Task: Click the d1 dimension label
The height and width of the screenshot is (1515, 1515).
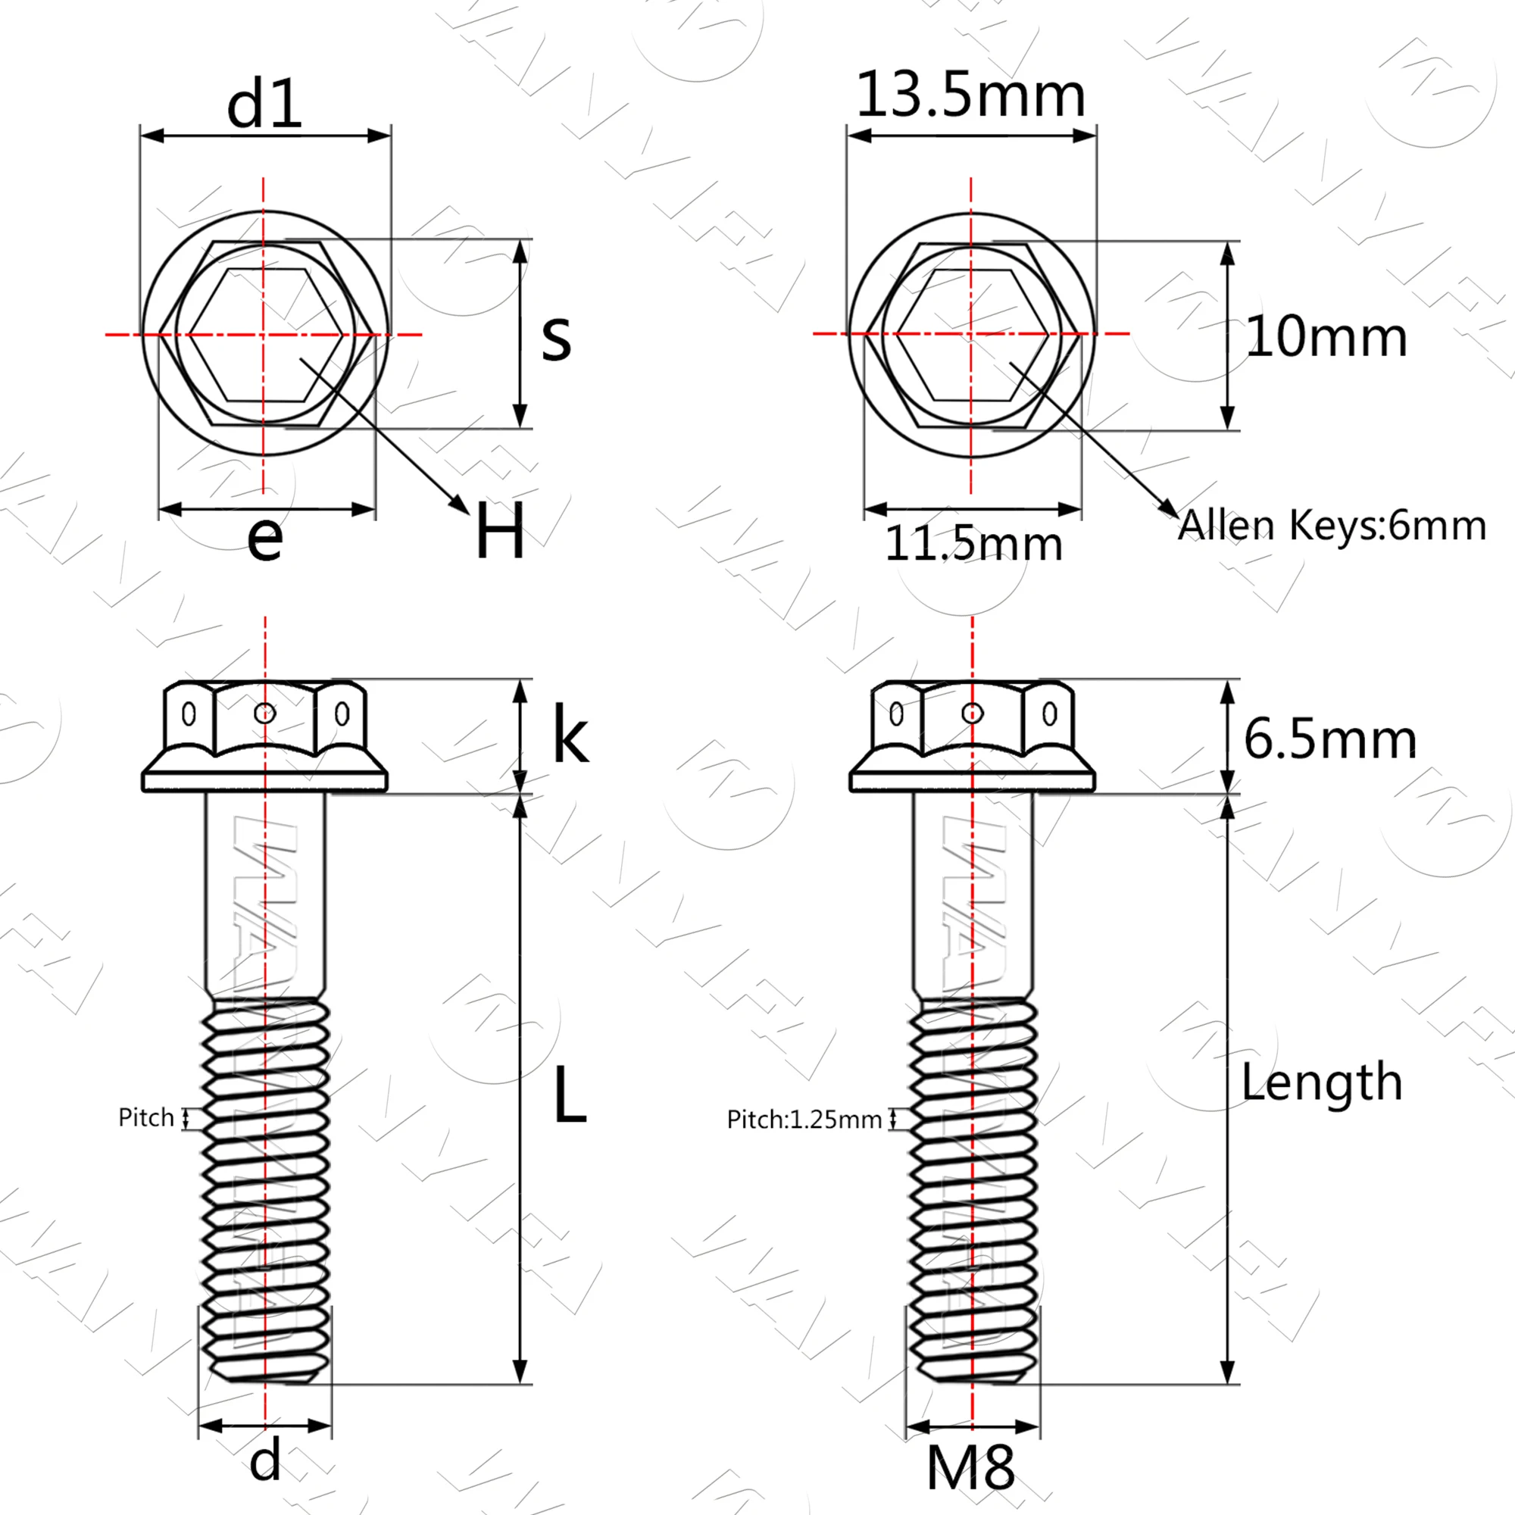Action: pyautogui.click(x=264, y=105)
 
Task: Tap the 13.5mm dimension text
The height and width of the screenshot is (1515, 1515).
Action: pyautogui.click(x=971, y=95)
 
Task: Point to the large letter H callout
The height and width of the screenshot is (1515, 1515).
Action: pyautogui.click(x=499, y=531)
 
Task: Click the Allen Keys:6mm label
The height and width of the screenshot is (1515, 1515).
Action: pyautogui.click(x=1332, y=526)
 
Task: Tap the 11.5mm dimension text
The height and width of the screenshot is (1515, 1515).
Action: pyautogui.click(x=973, y=543)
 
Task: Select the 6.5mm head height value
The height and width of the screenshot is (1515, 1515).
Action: pyautogui.click(x=1330, y=739)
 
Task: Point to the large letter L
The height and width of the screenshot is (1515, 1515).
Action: pyautogui.click(x=570, y=1096)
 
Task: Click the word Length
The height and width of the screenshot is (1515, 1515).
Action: pyautogui.click(x=1321, y=1082)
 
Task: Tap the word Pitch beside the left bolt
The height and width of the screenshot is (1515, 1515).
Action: pyautogui.click(x=146, y=1117)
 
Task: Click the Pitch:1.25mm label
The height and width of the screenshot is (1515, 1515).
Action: pyautogui.click(x=804, y=1119)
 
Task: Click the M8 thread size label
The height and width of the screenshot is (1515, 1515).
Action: pyautogui.click(x=970, y=1467)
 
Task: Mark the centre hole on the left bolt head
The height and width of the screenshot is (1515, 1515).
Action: pyautogui.click(x=265, y=713)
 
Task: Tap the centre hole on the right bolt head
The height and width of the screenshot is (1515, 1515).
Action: pyautogui.click(x=973, y=713)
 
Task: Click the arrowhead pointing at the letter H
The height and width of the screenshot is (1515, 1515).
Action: pyautogui.click(x=461, y=506)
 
